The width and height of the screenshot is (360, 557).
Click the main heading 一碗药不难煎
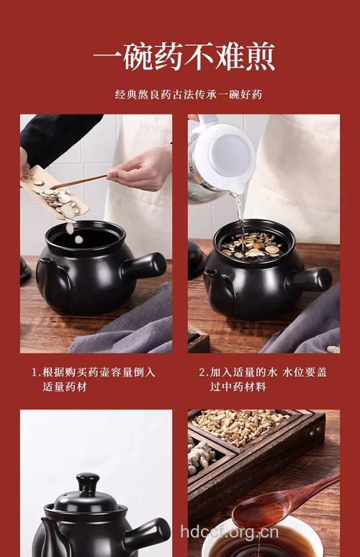coord(184,57)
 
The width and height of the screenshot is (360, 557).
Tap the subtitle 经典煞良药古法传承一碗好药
coord(183,94)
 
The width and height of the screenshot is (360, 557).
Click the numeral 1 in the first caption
coord(34,373)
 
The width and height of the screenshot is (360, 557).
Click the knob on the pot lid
coord(87,482)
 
